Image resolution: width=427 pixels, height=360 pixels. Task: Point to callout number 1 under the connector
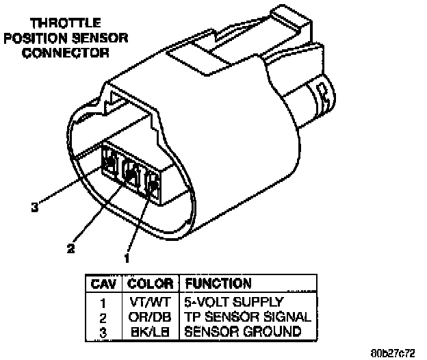click(x=126, y=258)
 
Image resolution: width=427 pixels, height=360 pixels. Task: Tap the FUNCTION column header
click(x=218, y=283)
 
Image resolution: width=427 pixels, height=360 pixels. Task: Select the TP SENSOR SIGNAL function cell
click(x=247, y=316)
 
